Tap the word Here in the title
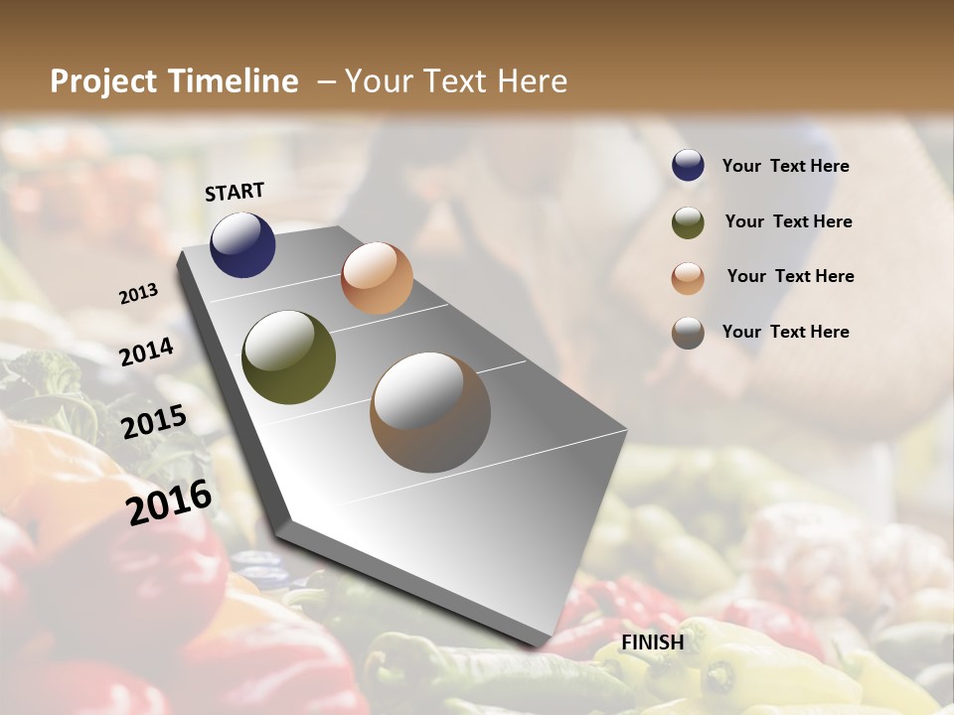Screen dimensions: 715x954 (532, 81)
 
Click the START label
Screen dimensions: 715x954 (235, 192)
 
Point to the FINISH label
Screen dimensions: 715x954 (653, 643)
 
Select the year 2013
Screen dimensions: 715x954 (139, 294)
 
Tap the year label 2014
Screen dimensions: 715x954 (147, 352)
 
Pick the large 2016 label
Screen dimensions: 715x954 (169, 501)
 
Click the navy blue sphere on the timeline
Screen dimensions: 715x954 (242, 245)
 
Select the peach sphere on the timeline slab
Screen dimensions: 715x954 (377, 278)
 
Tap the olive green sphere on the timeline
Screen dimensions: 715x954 (288, 357)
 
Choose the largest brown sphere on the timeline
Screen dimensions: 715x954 (430, 412)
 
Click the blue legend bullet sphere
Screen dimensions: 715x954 (688, 166)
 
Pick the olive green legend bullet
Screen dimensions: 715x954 (688, 222)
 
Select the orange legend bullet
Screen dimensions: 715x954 (688, 278)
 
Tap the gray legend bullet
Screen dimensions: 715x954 (688, 333)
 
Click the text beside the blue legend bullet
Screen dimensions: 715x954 (786, 167)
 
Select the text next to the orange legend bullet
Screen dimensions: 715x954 (790, 276)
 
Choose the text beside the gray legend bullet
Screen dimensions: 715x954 (786, 332)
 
